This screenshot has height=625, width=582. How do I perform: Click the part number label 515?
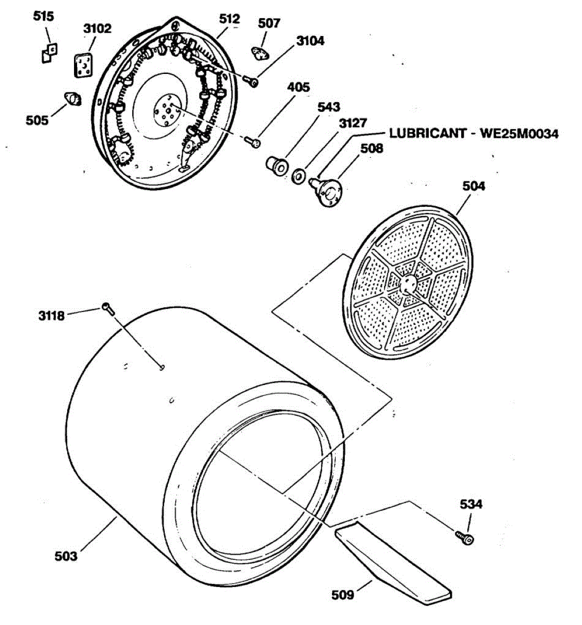(x=43, y=17)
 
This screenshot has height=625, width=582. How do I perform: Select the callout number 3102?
(x=97, y=28)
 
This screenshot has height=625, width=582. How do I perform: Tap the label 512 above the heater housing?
(x=229, y=19)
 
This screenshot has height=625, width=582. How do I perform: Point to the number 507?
(x=269, y=23)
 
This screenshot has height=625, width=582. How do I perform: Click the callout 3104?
(x=310, y=41)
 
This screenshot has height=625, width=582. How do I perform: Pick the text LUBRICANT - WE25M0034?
(x=474, y=134)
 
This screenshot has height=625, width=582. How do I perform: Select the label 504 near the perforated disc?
(x=474, y=186)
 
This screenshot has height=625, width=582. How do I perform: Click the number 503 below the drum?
(x=66, y=556)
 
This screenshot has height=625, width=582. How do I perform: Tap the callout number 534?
(x=470, y=504)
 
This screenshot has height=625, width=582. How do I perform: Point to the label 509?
(x=343, y=594)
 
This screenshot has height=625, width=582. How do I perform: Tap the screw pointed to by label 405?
(x=253, y=141)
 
